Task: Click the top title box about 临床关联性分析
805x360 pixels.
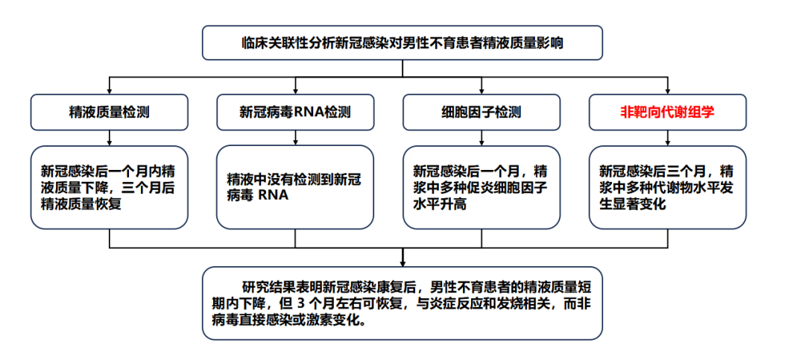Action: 402,43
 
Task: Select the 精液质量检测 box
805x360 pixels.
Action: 110,112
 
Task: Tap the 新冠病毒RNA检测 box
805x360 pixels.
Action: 295,112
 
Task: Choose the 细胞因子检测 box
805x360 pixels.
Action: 481,112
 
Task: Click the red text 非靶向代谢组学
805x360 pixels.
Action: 667,112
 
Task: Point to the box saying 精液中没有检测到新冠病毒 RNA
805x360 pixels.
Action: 295,187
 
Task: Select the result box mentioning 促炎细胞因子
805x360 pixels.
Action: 481,187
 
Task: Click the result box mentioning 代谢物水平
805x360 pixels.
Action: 667,187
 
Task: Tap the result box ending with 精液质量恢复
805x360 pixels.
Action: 110,187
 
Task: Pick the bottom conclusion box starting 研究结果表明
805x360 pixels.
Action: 402,303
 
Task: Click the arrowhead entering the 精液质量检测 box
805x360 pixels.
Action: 110,91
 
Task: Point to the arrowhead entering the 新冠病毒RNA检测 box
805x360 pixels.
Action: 295,91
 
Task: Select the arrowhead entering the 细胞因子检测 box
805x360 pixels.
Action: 481,91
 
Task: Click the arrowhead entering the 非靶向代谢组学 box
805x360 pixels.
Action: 667,91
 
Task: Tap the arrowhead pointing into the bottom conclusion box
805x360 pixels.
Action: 402,263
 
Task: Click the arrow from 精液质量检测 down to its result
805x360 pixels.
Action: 110,138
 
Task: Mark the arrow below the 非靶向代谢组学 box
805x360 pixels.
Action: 667,138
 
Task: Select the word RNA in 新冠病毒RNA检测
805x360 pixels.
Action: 307,112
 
